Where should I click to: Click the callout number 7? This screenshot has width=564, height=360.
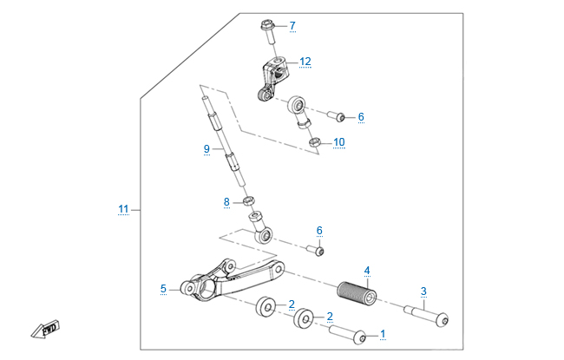tap(292, 25)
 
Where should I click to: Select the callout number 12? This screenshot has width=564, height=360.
tap(305, 62)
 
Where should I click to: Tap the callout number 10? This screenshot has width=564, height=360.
tap(338, 141)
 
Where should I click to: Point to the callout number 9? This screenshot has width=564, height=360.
tap(207, 149)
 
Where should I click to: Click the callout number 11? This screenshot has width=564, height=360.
tap(123, 209)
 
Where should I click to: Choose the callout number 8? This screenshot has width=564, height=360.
tap(226, 202)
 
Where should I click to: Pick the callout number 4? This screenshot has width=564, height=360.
tap(367, 272)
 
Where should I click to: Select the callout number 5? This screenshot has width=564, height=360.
tap(163, 288)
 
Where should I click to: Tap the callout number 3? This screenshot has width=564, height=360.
tap(423, 291)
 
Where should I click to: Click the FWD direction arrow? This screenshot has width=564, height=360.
tap(41, 331)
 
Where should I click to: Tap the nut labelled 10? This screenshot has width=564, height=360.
tap(316, 142)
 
